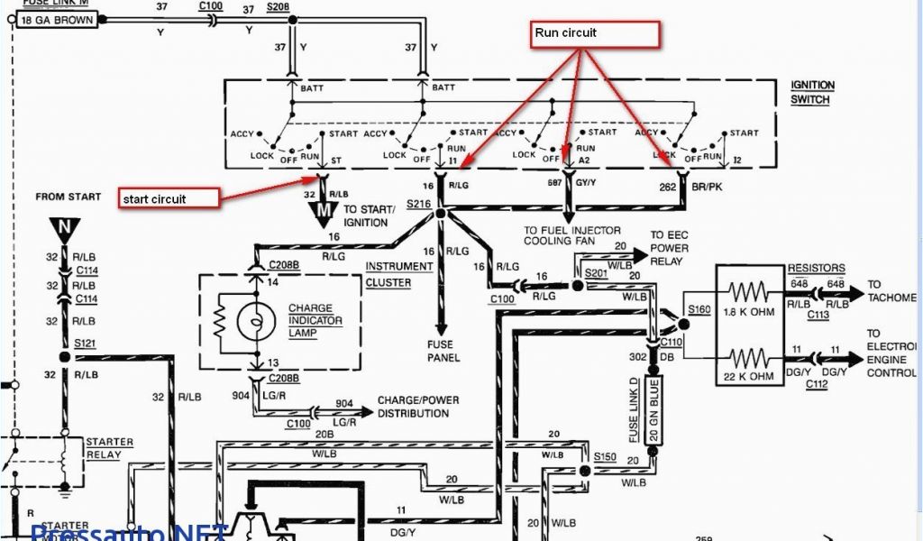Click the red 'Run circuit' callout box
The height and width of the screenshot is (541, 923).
click(594, 34)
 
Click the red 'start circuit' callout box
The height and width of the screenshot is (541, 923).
click(169, 198)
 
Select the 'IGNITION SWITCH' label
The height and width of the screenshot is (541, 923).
click(812, 92)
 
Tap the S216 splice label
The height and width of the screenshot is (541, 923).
click(416, 206)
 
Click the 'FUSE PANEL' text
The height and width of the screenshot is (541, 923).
click(443, 351)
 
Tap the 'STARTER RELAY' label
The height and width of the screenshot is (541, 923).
click(109, 448)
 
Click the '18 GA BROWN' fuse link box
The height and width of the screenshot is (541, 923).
click(57, 19)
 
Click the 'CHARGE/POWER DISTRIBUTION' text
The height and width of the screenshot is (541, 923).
click(413, 407)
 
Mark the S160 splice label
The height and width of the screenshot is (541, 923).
click(699, 308)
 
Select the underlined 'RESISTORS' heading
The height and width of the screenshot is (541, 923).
click(816, 269)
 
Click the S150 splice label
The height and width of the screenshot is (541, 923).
click(605, 457)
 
